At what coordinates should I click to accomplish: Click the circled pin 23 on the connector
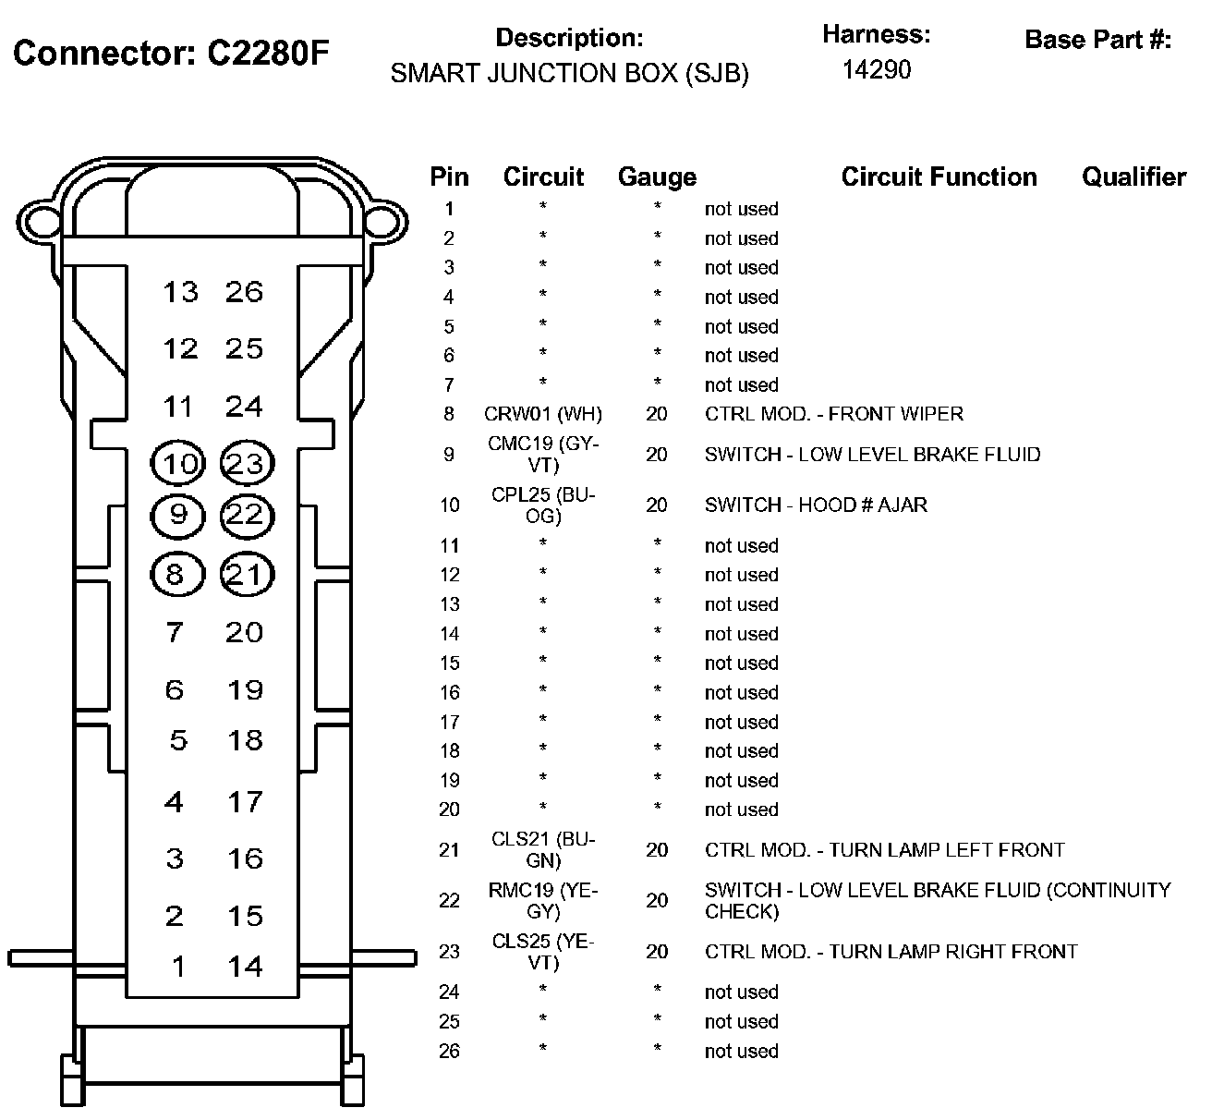coord(247,463)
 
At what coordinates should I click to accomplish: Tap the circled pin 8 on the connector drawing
coord(176,575)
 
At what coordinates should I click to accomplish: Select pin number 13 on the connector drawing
coord(180,292)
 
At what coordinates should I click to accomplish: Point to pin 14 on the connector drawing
coord(246,967)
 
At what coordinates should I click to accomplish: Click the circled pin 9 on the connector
coord(177,515)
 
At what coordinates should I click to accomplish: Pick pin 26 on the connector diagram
coord(245,292)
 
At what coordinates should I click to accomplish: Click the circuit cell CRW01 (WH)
coord(542,414)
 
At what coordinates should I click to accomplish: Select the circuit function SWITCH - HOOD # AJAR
coord(816,505)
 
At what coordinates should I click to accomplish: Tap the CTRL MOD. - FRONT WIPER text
coord(833,414)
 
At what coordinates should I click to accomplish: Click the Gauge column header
coord(657,177)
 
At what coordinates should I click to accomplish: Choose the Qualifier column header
coord(1133,177)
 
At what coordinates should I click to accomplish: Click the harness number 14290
coord(876,70)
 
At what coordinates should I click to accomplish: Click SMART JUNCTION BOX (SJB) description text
coord(569,74)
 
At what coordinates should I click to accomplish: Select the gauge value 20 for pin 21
coord(657,850)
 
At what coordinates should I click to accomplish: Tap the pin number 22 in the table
coord(449,901)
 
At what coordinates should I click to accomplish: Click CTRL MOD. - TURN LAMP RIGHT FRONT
coord(891,952)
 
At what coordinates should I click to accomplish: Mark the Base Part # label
coord(1097,40)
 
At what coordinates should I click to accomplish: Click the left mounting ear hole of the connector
coord(40,221)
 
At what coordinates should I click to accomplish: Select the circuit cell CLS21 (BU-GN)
coord(543,850)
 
